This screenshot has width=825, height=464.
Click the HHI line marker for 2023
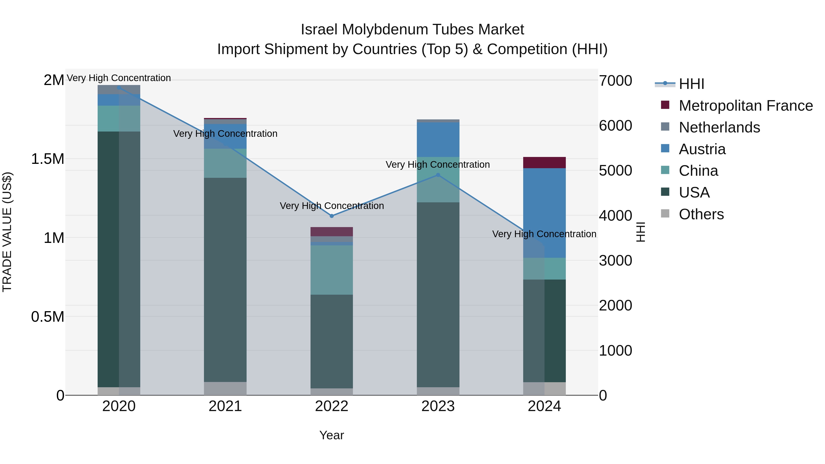(x=438, y=175)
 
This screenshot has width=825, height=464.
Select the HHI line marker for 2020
(x=119, y=88)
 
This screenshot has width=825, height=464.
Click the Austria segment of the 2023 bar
(x=438, y=139)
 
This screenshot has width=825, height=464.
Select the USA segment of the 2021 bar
(x=225, y=279)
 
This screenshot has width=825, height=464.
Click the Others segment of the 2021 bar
(x=225, y=388)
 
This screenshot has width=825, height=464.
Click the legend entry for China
(x=698, y=171)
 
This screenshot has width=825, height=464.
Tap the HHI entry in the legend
(x=691, y=84)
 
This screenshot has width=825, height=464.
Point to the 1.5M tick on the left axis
(x=47, y=159)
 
